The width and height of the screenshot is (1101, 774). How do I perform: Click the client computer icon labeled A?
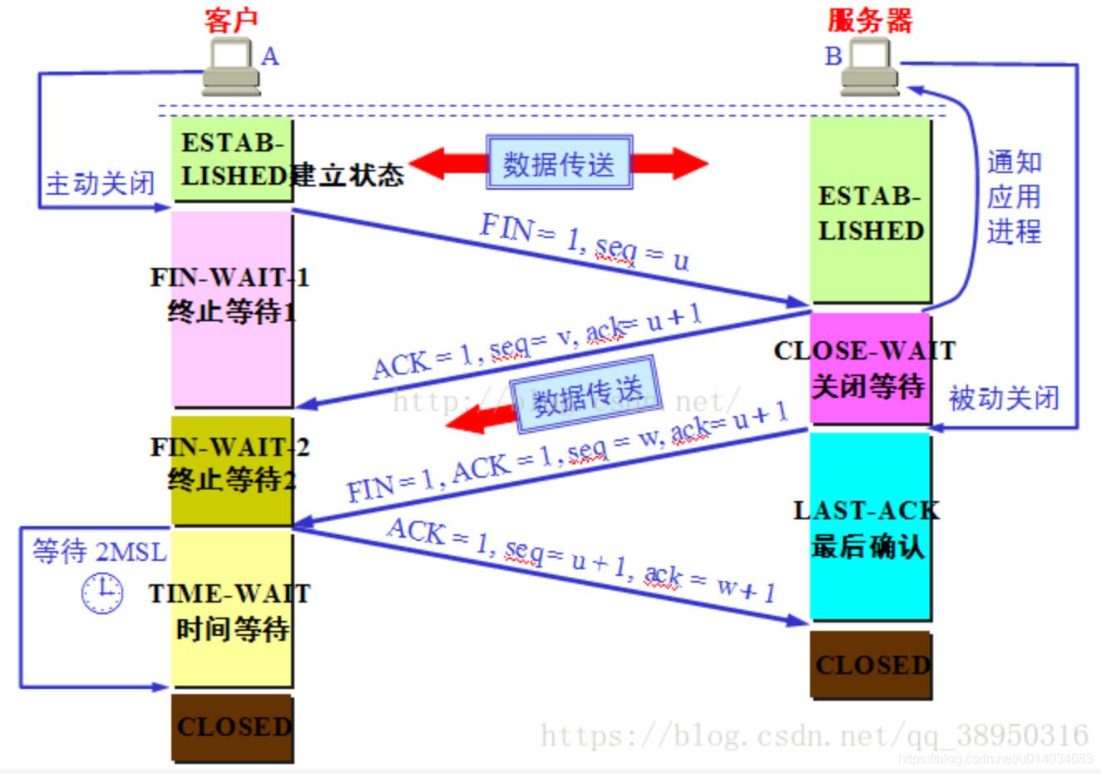click(230, 68)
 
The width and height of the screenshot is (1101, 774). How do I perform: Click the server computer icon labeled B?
click(870, 68)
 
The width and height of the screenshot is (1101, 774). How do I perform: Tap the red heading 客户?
click(231, 20)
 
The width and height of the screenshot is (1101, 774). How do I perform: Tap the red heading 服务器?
click(870, 20)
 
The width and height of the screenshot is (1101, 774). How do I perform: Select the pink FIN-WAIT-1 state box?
click(231, 308)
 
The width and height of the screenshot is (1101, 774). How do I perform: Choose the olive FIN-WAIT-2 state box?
click(231, 471)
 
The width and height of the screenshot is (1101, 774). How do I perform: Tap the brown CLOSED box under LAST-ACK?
click(871, 664)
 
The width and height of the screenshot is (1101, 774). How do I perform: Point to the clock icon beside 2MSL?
click(102, 593)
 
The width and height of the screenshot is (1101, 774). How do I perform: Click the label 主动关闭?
click(100, 183)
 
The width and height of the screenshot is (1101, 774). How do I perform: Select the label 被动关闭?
click(1004, 399)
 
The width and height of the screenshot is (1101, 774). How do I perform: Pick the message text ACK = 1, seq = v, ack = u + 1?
click(536, 341)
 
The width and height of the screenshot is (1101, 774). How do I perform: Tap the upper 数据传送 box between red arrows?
click(559, 163)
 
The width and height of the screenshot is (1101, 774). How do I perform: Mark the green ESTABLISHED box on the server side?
click(870, 211)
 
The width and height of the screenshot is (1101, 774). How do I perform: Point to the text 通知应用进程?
click(1014, 196)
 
